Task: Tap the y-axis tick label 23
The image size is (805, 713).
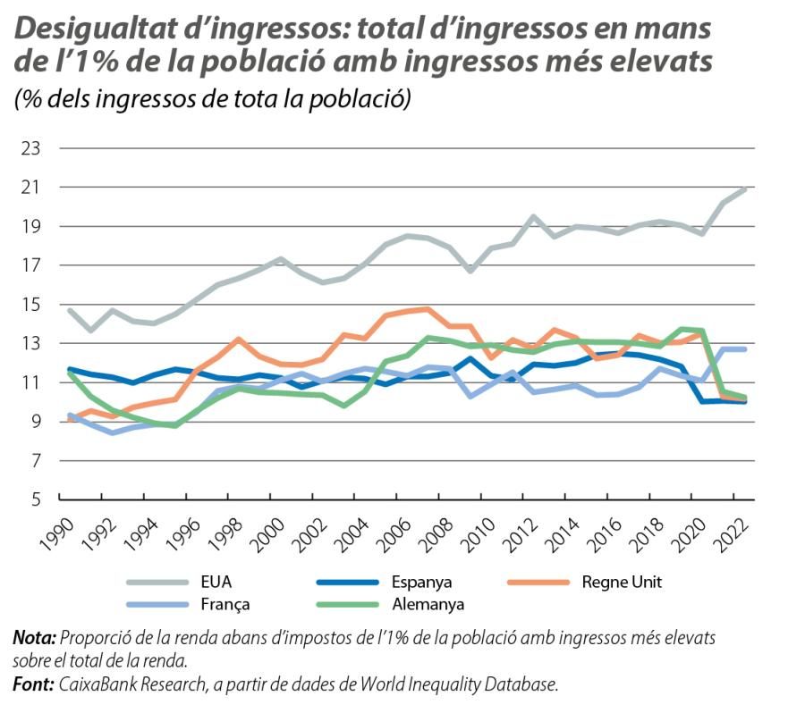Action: (x=30, y=148)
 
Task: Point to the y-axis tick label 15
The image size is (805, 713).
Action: (x=30, y=305)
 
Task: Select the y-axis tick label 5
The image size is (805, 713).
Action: (x=35, y=500)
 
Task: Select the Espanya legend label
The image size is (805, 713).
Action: (x=422, y=582)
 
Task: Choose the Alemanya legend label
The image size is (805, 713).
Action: (x=427, y=604)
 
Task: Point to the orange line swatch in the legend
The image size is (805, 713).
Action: (x=536, y=582)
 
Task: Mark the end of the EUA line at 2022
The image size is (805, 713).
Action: (x=746, y=189)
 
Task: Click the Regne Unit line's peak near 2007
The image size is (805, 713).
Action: (x=428, y=309)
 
